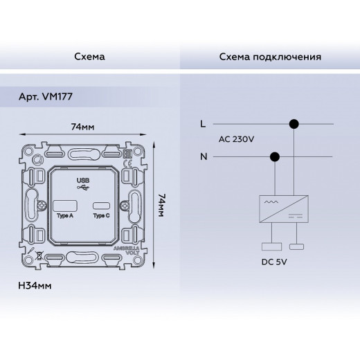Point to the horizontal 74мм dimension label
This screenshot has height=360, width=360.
82,127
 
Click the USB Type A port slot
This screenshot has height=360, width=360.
64,205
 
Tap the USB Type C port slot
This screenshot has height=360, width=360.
102,206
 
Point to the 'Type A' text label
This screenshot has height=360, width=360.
64,215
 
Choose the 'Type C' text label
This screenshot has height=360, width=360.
102,215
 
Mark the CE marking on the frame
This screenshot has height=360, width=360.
126,163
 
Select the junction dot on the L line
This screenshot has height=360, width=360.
294,125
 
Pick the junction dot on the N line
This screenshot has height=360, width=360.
275,156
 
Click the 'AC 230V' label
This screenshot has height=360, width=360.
236,141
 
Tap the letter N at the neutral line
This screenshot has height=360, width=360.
203,156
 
